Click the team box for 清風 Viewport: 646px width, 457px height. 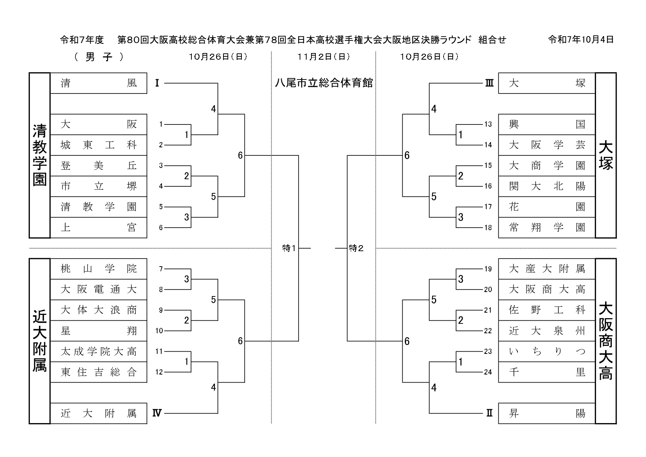tap(98, 83)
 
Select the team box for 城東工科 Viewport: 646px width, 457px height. tap(98, 145)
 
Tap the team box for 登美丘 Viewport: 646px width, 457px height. tap(98, 166)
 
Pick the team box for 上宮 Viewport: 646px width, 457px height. tap(98, 228)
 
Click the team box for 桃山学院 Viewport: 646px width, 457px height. tap(98, 269)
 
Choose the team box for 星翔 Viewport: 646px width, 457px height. tap(98, 331)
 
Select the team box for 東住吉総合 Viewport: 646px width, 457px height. tap(98, 372)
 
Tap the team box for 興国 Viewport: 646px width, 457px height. tap(547, 124)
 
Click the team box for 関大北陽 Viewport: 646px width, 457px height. tap(547, 186)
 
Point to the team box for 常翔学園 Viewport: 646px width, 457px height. tap(547, 228)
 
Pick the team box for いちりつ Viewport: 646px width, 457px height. tap(547, 351)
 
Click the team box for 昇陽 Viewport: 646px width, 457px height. tap(547, 413)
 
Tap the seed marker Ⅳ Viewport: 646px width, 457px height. tap(157, 413)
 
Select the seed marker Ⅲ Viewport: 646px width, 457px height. tap(489, 83)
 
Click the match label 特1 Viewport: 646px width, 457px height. tap(289, 249)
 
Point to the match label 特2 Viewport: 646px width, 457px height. tap(356, 249)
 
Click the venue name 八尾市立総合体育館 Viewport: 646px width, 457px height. tap(324, 83)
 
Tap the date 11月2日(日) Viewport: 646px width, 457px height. tap(324, 57)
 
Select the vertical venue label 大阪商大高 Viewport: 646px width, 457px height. tap(606, 341)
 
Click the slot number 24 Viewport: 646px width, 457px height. tap(488, 372)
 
